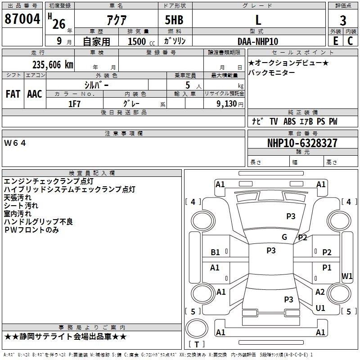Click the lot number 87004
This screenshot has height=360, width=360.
tap(22, 19)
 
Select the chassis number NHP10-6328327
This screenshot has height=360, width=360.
tap(302, 143)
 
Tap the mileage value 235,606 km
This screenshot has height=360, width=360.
tap(53, 65)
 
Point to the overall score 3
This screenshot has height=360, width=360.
tap(343, 20)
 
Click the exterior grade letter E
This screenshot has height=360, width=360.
tap(335, 41)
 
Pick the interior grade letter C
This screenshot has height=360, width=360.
tap(350, 41)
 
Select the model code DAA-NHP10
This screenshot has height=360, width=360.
tap(258, 41)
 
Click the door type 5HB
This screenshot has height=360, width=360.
tap(174, 20)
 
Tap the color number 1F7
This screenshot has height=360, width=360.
tap(74, 104)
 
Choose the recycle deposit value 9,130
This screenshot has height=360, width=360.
tap(227, 104)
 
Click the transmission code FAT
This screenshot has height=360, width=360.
tap(13, 94)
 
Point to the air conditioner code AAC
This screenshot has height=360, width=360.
tap(35, 94)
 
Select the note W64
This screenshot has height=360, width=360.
tap(15, 143)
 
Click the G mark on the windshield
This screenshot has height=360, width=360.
tap(284, 237)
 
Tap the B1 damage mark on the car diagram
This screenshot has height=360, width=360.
tap(215, 252)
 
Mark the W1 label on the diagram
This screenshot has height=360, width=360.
tap(346, 276)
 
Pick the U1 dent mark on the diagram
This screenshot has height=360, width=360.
tap(320, 308)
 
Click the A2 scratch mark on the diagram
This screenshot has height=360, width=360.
tap(320, 292)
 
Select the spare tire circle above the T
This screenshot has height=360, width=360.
tap(197, 328)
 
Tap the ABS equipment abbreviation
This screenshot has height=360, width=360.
tap(289, 121)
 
